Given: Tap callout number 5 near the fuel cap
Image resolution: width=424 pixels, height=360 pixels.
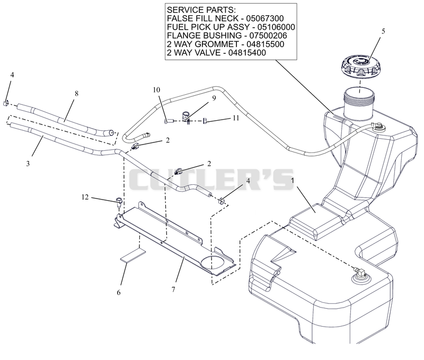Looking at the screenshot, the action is [383, 31].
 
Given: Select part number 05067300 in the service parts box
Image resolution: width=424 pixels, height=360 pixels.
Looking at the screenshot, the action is [264, 19].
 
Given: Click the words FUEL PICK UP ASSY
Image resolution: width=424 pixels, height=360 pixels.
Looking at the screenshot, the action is [208, 27].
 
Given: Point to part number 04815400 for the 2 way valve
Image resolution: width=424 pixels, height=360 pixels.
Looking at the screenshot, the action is [247, 52].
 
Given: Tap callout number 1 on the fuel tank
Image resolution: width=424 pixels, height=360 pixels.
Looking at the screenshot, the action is [293, 180].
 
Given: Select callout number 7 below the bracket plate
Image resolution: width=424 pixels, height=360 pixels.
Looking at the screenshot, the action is [173, 290].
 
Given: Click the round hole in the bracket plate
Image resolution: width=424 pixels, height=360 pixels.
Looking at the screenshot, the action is [213, 263].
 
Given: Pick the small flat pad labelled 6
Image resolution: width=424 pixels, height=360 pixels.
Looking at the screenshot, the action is [133, 255].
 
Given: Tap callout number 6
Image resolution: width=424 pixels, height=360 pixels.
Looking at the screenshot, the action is [118, 292].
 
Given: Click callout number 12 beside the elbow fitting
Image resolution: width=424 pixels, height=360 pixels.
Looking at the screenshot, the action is [85, 197].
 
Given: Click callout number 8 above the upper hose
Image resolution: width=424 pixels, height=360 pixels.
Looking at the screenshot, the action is [76, 94].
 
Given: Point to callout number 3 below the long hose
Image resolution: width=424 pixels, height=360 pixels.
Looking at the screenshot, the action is [28, 164].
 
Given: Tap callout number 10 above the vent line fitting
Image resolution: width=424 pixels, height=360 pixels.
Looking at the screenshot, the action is [156, 89].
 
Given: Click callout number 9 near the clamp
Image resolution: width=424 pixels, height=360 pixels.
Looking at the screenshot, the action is [214, 98].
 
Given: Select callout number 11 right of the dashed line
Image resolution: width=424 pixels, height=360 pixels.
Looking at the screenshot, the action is [236, 118].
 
